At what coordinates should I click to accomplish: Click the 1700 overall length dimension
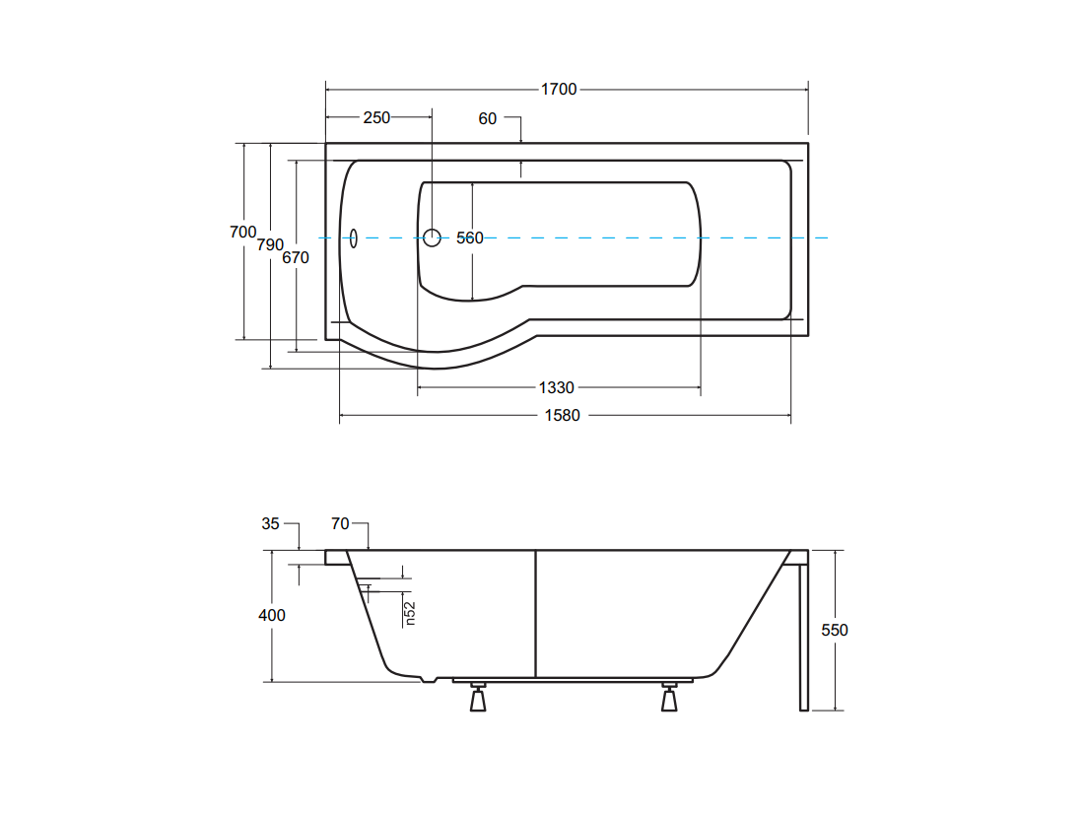click(559, 90)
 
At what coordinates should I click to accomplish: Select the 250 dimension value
click(376, 118)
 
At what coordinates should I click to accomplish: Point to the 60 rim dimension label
click(488, 119)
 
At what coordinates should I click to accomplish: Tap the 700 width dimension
click(243, 233)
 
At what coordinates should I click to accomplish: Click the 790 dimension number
click(270, 244)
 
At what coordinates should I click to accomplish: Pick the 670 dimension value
click(296, 258)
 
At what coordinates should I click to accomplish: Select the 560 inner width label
click(470, 237)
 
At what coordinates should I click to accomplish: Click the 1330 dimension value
click(557, 388)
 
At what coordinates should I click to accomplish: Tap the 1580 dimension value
click(562, 416)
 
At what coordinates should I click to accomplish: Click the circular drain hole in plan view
click(432, 237)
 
